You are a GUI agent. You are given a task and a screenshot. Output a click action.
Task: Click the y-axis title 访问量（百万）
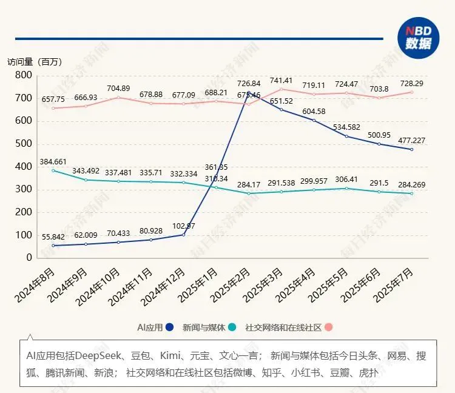[x=35, y=62]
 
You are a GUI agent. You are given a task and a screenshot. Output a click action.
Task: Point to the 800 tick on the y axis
[x=23, y=75]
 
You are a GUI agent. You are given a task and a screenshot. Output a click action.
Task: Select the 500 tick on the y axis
[x=23, y=144]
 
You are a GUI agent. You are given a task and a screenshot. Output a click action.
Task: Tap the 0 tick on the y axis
[x=29, y=258]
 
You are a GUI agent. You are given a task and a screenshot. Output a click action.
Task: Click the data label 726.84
[x=249, y=83]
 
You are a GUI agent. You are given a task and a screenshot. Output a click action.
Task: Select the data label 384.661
[x=53, y=161]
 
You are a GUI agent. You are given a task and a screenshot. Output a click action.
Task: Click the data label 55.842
[x=53, y=237]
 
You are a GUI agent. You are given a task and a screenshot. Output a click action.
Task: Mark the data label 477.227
[x=413, y=140]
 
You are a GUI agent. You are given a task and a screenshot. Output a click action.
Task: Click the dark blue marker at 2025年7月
[x=412, y=149]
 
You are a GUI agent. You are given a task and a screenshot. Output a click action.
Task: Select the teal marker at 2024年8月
[x=53, y=170]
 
